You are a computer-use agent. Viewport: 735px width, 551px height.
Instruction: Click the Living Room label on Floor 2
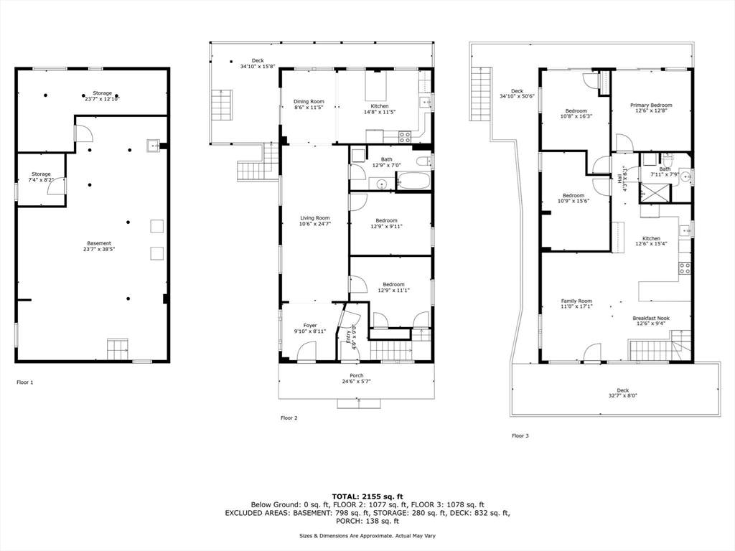tap(315, 221)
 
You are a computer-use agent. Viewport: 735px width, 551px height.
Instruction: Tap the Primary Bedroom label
tap(651, 108)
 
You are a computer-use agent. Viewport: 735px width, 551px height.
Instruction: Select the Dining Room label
tap(309, 104)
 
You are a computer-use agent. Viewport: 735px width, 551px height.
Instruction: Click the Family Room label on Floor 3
tap(576, 303)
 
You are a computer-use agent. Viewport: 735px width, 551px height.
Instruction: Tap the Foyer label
tap(310, 328)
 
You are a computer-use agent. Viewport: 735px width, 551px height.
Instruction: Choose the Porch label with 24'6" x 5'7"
tap(356, 378)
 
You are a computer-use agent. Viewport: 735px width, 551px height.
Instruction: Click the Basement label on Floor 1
tap(99, 246)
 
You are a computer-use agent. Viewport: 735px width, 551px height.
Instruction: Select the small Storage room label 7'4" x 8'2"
tap(41, 176)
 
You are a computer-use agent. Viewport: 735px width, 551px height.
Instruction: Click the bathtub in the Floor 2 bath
tap(413, 181)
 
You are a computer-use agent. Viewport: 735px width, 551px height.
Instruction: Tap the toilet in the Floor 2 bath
tap(423, 161)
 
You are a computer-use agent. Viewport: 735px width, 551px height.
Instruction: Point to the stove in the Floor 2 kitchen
tap(405, 137)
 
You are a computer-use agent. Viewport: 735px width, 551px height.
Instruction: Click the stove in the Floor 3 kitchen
tap(684, 268)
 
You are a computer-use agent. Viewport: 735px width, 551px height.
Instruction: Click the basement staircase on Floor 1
tap(118, 349)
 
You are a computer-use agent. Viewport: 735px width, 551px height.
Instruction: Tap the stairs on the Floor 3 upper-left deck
tap(479, 94)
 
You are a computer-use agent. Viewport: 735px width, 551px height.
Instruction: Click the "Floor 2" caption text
tap(289, 418)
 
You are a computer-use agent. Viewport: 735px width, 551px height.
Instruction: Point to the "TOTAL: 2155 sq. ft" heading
tap(367, 496)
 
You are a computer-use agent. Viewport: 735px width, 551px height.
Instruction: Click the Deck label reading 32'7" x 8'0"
tap(622, 393)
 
